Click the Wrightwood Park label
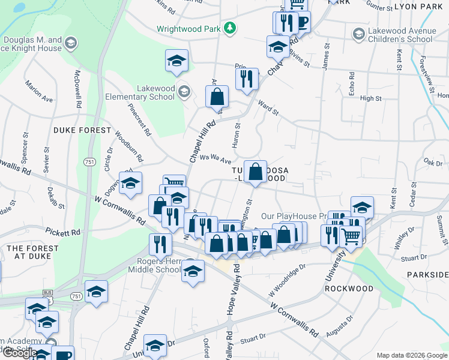[x=188, y=28]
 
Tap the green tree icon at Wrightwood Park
[x=229, y=28]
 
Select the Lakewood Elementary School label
[x=148, y=92]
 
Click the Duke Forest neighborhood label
[x=82, y=130]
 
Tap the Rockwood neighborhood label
[x=349, y=288]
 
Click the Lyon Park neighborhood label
[x=418, y=6]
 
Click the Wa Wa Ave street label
[x=215, y=159]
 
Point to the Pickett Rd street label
[x=66, y=232]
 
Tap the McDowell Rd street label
[x=77, y=89]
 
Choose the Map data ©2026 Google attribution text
[x=412, y=356]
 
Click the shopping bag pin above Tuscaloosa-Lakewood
[x=256, y=172]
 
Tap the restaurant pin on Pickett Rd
[x=159, y=244]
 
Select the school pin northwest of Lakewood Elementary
[x=177, y=61]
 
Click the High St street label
[x=371, y=98]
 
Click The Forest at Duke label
[x=32, y=252]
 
